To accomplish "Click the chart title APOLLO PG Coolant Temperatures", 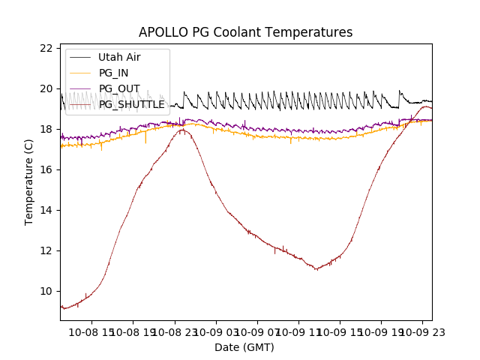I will (x=245, y=33).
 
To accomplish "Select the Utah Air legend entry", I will (x=118, y=57).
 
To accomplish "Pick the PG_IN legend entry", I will (x=113, y=73).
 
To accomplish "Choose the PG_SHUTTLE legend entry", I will (x=131, y=104).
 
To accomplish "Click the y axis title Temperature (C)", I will (x=29, y=182).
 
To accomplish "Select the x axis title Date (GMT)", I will (x=244, y=347).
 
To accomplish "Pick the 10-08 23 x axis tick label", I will (x=175, y=331).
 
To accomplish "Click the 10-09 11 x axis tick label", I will (x=298, y=331).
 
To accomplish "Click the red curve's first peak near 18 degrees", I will (x=182, y=130).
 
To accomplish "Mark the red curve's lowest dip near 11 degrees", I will (x=316, y=269).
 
